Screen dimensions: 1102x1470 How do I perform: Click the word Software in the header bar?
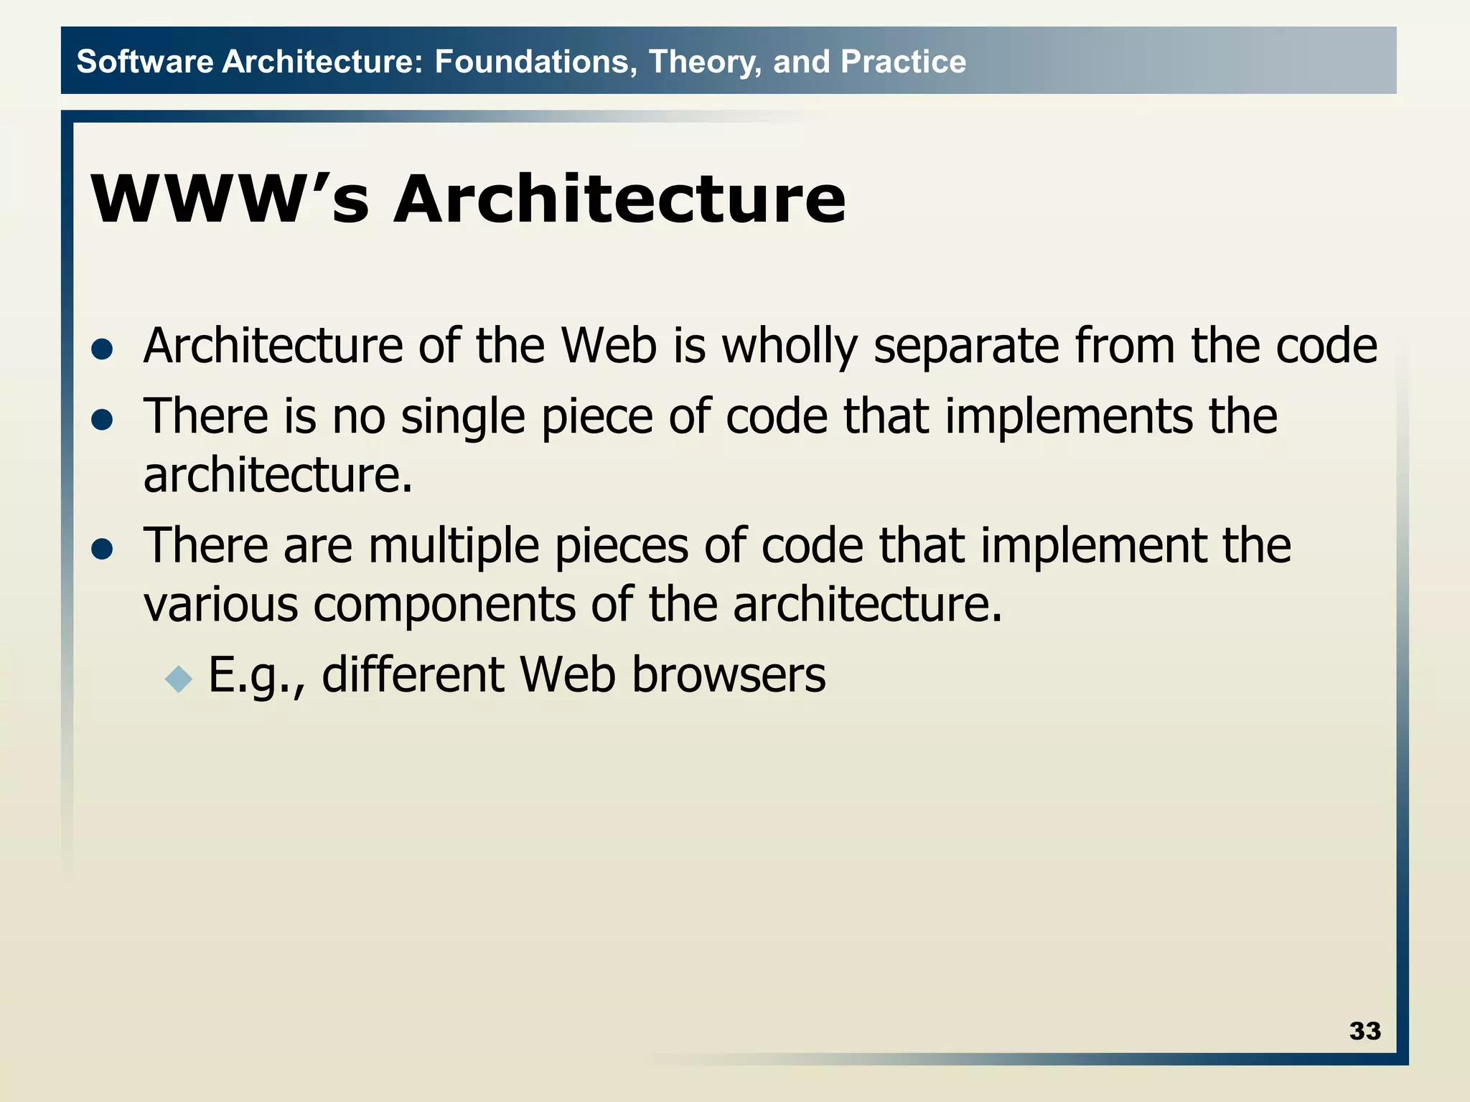click(x=144, y=62)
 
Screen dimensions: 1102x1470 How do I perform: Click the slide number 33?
click(x=1364, y=1031)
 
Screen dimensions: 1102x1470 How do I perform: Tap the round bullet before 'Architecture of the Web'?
click(x=103, y=349)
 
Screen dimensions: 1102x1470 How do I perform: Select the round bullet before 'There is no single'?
click(x=103, y=419)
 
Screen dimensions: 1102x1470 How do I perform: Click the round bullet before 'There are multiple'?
click(x=103, y=549)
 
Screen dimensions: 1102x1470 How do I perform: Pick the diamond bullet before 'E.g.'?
click(x=179, y=678)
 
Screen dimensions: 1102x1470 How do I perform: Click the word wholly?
click(x=789, y=347)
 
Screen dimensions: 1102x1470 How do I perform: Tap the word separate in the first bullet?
click(x=965, y=347)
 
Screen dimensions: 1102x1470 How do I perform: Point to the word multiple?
click(x=454, y=546)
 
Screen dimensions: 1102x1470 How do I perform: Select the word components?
click(x=444, y=604)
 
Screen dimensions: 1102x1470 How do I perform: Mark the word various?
click(x=220, y=604)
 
